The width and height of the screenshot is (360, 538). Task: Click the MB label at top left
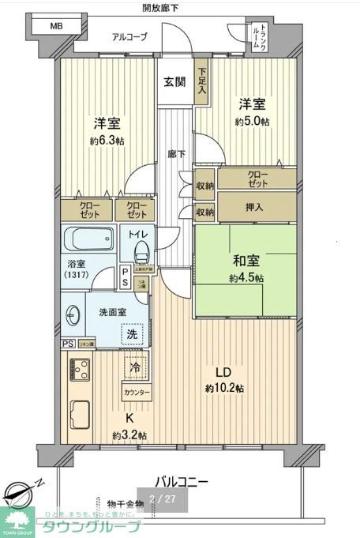[55, 26]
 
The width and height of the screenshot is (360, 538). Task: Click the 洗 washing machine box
[133, 334]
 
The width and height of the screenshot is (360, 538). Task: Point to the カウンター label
[135, 393]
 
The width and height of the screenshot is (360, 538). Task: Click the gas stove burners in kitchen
[80, 369]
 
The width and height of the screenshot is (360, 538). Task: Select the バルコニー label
[181, 481]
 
